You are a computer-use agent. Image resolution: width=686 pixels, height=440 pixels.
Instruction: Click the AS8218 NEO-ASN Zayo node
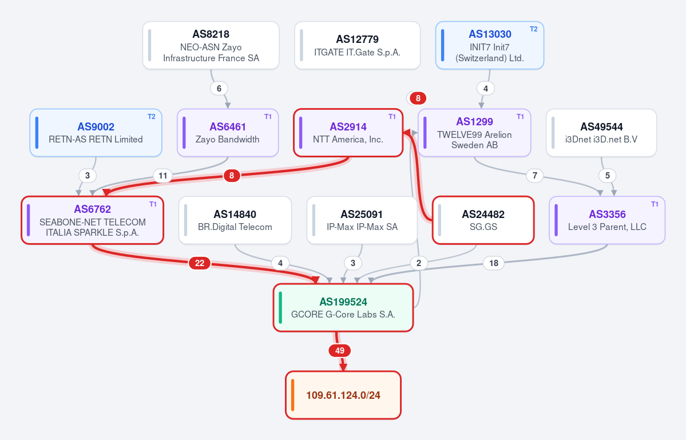pyautogui.click(x=211, y=45)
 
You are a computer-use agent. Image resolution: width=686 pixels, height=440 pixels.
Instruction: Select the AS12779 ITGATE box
pyautogui.click(x=358, y=45)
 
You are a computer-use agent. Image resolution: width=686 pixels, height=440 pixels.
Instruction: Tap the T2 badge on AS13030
pyautogui.click(x=534, y=29)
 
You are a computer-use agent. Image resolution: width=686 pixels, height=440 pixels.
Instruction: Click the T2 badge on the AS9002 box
pyautogui.click(x=152, y=117)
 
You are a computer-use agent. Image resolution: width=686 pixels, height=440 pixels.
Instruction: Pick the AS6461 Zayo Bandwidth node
pyautogui.click(x=228, y=133)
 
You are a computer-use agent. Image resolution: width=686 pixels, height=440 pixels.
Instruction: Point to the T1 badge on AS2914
pyautogui.click(x=392, y=117)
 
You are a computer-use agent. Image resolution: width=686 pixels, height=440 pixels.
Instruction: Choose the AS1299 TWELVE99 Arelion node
pyautogui.click(x=474, y=133)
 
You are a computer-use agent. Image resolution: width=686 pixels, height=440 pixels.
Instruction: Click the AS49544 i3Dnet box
pyautogui.click(x=601, y=133)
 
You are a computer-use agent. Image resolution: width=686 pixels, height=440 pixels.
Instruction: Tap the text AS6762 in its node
pyautogui.click(x=92, y=209)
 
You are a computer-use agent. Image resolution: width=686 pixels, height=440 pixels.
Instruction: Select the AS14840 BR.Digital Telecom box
pyautogui.click(x=235, y=220)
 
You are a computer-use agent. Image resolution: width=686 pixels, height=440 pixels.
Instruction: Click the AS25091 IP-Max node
pyautogui.click(x=362, y=220)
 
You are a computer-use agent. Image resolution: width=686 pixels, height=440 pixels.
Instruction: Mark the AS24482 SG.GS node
pyautogui.click(x=483, y=220)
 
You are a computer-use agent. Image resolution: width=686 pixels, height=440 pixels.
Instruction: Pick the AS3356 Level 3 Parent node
pyautogui.click(x=607, y=220)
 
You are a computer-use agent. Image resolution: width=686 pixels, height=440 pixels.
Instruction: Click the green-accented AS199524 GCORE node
pyautogui.click(x=343, y=307)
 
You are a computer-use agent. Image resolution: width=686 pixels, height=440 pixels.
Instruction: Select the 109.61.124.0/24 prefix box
pyautogui.click(x=343, y=395)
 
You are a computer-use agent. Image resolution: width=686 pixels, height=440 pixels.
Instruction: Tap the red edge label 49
pyautogui.click(x=339, y=350)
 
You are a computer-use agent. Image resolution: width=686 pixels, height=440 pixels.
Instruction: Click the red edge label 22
pyautogui.click(x=200, y=263)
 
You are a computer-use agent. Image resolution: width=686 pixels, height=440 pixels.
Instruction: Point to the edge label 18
pyautogui.click(x=494, y=263)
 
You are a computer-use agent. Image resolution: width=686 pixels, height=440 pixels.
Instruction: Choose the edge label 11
pyautogui.click(x=162, y=176)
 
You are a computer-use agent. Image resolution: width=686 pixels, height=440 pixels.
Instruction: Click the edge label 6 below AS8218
pyautogui.click(x=219, y=88)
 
